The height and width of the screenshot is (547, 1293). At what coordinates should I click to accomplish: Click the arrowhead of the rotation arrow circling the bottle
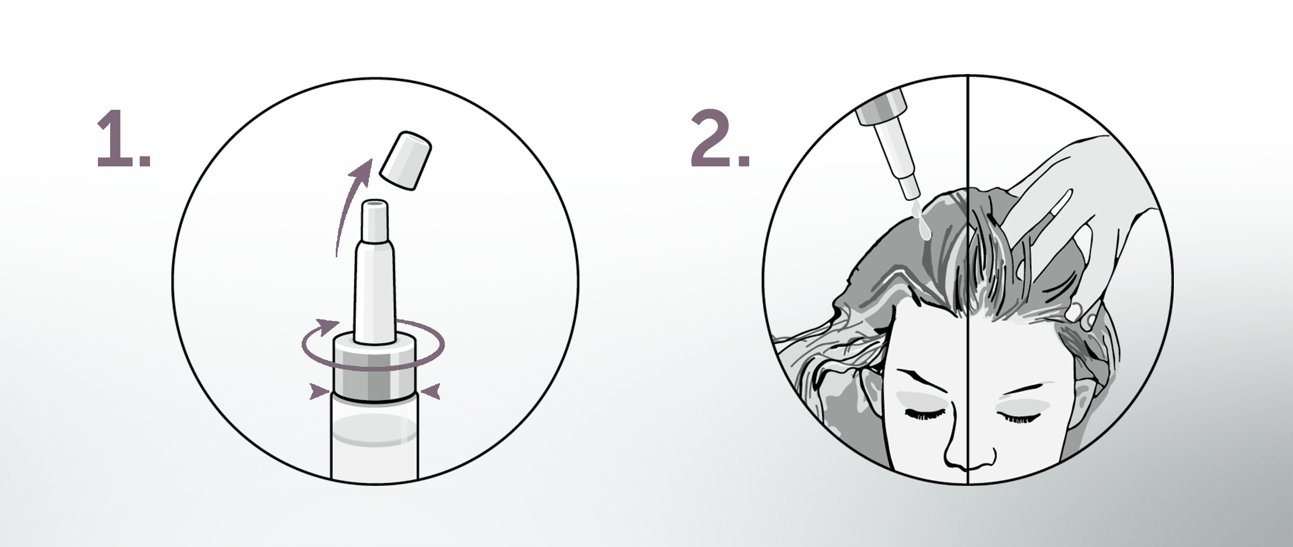[329, 324]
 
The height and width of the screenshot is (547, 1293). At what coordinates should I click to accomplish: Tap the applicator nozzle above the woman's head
[889, 149]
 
